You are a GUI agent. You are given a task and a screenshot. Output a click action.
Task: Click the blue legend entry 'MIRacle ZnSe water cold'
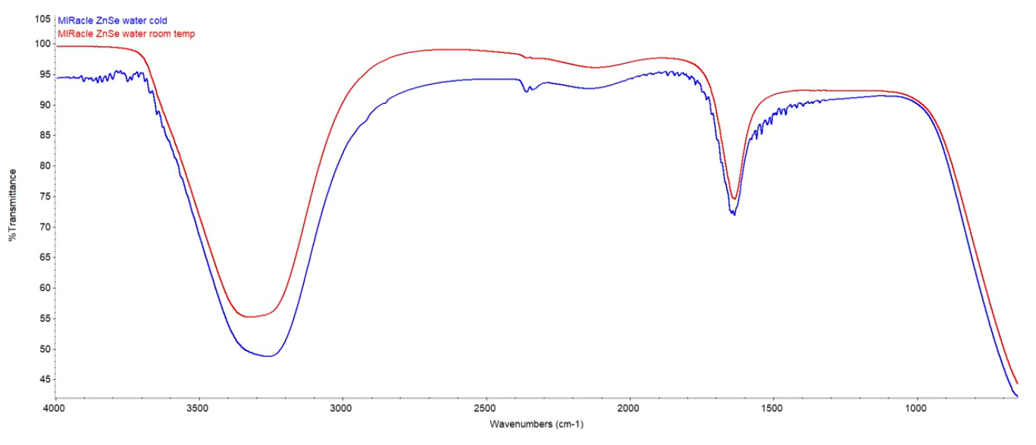(112, 21)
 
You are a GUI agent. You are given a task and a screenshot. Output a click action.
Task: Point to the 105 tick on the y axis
(42, 19)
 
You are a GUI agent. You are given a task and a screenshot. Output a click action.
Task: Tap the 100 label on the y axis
(42, 44)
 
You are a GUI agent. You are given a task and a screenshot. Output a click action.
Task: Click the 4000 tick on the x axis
(55, 409)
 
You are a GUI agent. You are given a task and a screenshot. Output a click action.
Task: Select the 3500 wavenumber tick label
(199, 409)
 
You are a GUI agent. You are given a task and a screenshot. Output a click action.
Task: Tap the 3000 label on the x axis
(343, 409)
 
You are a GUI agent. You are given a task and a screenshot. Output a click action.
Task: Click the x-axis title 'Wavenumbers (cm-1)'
(537, 424)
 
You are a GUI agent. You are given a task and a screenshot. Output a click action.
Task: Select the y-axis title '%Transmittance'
(13, 205)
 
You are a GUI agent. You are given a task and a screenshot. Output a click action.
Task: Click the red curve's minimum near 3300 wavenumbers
(250, 317)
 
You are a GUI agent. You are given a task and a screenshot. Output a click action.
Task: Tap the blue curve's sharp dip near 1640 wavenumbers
(733, 215)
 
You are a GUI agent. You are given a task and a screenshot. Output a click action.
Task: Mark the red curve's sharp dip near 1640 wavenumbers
(734, 199)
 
